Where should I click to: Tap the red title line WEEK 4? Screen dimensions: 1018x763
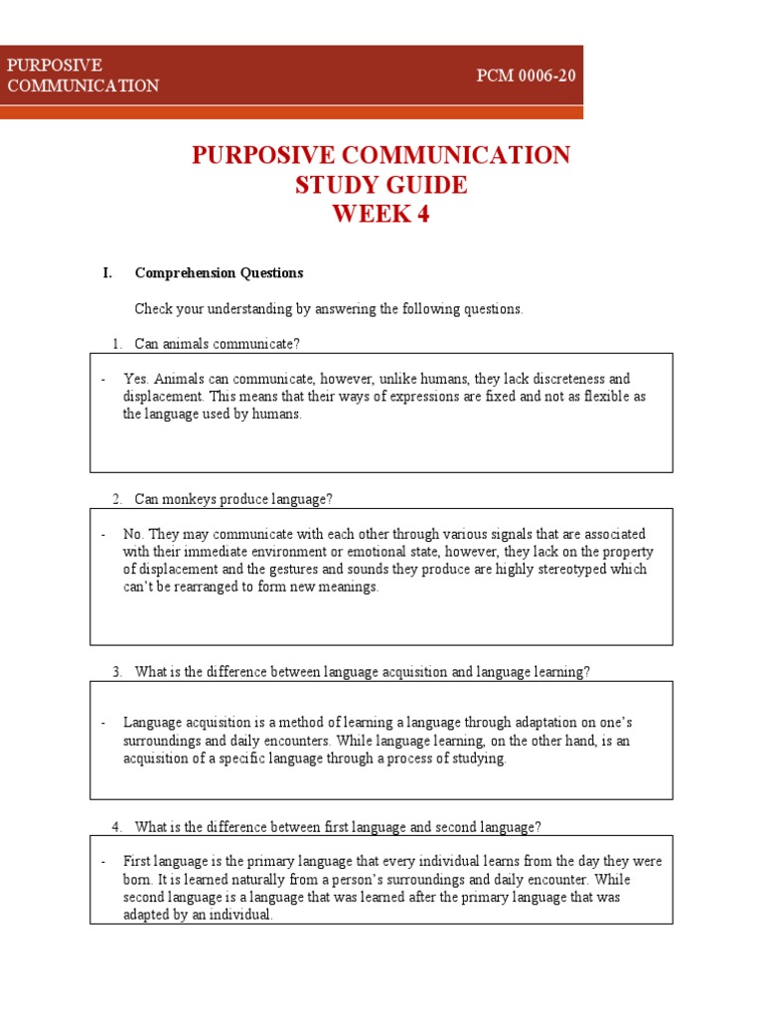[381, 215]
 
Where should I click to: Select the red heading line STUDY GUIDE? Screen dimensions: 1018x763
[381, 185]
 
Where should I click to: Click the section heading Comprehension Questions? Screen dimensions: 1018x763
[219, 273]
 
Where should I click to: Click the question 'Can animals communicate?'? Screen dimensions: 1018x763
[218, 344]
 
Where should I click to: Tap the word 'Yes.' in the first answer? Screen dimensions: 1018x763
[136, 379]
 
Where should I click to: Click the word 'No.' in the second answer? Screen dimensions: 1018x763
[134, 534]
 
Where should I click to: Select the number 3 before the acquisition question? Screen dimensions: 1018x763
[116, 672]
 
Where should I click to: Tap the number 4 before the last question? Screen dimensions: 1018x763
[116, 827]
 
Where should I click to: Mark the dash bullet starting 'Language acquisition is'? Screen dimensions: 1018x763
[103, 723]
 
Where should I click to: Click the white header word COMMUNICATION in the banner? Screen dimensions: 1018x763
[83, 86]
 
